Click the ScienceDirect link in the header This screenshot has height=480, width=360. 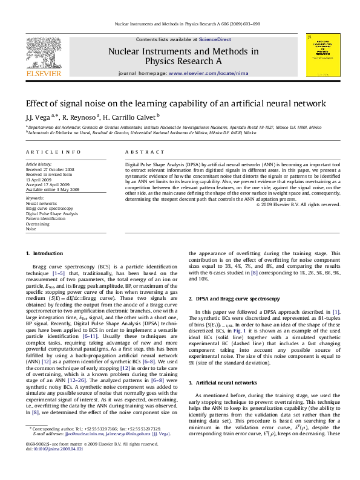tap(216, 39)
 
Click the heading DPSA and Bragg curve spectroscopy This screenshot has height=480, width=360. tap(237, 299)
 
